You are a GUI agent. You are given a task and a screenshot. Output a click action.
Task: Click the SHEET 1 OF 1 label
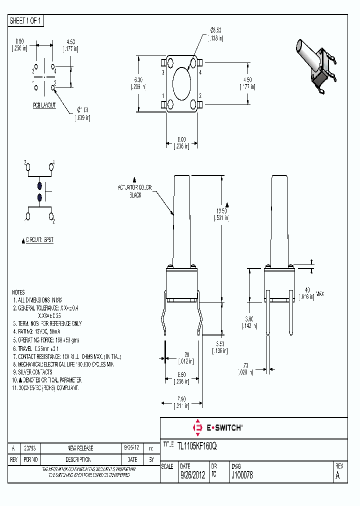coord(26,20)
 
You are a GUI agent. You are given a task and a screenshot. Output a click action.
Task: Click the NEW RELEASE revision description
coord(80,448)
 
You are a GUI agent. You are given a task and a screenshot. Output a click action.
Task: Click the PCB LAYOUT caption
coord(44,105)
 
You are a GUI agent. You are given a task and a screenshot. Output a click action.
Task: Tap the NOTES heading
coord(18,292)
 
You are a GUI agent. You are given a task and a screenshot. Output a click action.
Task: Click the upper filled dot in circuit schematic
coord(39,185)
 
